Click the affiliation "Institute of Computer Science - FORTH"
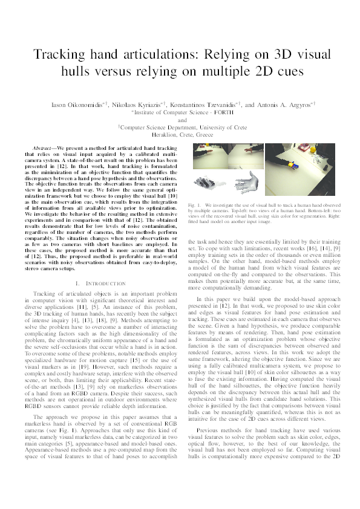(180, 112)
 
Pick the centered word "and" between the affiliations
(180, 120)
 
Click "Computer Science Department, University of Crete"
(180, 128)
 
